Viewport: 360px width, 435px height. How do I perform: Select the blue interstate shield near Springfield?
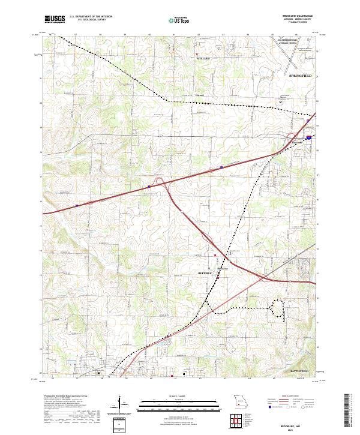point(308,137)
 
